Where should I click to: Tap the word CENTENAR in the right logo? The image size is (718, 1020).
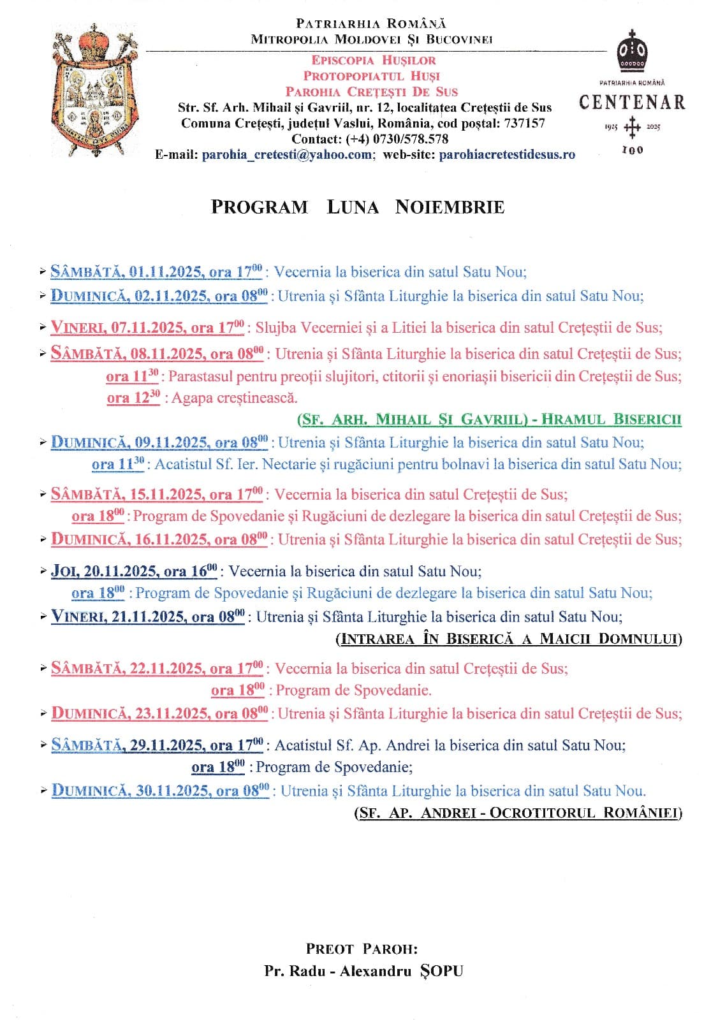pyautogui.click(x=632, y=103)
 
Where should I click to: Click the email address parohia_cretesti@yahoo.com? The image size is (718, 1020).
pyautogui.click(x=287, y=155)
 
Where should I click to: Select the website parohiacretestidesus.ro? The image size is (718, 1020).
pyautogui.click(x=507, y=155)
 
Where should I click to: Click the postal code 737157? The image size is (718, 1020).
pyautogui.click(x=525, y=123)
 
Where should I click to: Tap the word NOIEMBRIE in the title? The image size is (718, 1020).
pyautogui.click(x=450, y=207)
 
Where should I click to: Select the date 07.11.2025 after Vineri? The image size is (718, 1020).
pyautogui.click(x=149, y=328)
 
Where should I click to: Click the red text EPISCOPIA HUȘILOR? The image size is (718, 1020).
pyautogui.click(x=374, y=61)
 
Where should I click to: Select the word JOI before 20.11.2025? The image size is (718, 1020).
pyautogui.click(x=64, y=571)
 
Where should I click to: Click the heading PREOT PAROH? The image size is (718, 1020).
pyautogui.click(x=362, y=949)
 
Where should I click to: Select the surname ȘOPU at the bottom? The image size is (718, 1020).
pyautogui.click(x=441, y=972)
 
